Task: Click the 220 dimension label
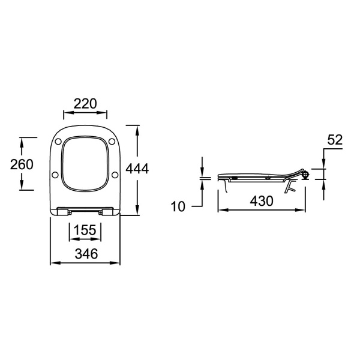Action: click(x=85, y=104)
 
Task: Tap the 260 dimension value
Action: click(x=22, y=164)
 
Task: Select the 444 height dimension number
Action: click(x=137, y=169)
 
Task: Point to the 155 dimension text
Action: click(x=85, y=230)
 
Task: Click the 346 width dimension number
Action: click(x=86, y=254)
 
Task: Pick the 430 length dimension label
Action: click(x=262, y=201)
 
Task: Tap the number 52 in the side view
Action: click(x=335, y=140)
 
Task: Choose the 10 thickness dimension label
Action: click(x=178, y=206)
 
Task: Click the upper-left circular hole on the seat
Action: click(x=58, y=142)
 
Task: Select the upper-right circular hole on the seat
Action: click(x=112, y=142)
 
